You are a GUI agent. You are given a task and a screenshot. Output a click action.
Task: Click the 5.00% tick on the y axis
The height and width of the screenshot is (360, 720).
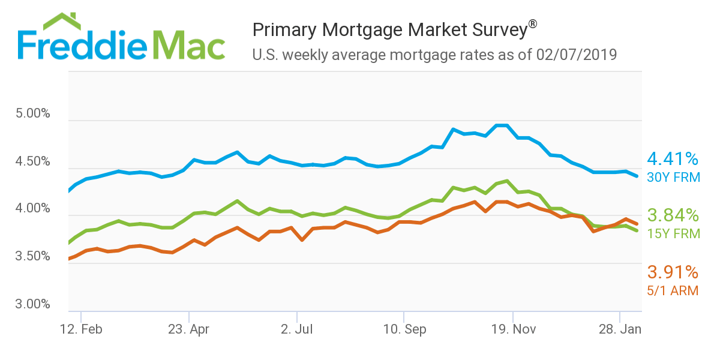33,113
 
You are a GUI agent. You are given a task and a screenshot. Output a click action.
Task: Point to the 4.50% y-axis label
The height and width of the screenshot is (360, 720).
33,161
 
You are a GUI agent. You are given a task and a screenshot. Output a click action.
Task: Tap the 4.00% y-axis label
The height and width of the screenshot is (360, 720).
33,209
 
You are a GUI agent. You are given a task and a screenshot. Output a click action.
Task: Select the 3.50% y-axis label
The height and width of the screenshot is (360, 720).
33,256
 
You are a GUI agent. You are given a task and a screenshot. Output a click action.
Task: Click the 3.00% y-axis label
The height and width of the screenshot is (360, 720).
33,304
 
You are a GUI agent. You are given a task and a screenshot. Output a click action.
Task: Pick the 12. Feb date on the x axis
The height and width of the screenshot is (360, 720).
81,329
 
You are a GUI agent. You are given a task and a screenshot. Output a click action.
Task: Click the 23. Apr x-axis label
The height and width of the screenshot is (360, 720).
188,329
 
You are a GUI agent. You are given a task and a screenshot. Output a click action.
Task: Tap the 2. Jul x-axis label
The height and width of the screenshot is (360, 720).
296,329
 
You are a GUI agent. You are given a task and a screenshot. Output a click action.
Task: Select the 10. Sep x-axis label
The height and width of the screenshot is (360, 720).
404,329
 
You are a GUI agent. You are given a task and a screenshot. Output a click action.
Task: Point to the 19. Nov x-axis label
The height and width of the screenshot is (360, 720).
512,329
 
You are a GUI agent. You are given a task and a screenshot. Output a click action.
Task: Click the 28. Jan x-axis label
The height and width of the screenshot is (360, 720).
620,329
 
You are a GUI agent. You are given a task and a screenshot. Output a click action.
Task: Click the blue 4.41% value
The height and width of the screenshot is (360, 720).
673,159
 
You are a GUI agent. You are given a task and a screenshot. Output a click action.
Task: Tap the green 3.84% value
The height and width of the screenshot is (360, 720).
673,215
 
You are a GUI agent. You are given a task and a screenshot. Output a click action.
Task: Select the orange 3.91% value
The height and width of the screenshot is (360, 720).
673,272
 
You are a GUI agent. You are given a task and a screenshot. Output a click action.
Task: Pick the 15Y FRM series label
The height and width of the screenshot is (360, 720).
673,233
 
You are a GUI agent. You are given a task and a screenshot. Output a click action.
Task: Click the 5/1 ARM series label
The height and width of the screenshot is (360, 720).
673,290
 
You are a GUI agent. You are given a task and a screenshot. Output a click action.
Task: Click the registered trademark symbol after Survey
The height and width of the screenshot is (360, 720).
532,24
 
